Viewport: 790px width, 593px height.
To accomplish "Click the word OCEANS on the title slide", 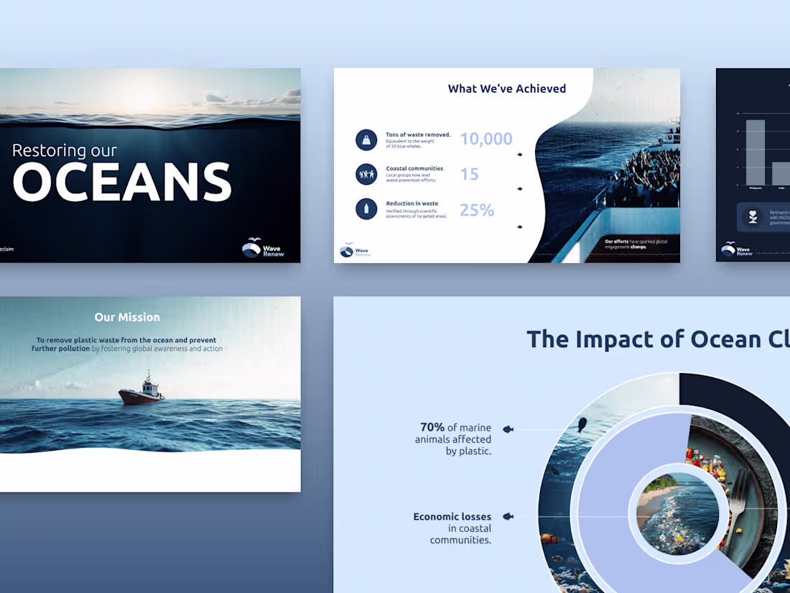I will tap(122, 183).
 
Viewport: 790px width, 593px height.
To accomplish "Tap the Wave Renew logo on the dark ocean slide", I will tap(263, 248).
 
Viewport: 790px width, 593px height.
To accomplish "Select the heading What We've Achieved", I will tap(506, 88).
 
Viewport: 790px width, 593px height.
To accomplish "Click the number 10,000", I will tap(486, 139).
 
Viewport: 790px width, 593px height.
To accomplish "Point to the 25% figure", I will tap(477, 210).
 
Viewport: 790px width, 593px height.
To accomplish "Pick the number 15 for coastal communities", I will tap(469, 174).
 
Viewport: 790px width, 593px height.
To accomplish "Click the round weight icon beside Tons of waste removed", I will tap(366, 139).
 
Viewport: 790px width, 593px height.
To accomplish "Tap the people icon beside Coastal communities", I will tap(366, 174).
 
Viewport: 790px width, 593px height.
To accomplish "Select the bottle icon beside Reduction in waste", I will tap(366, 209).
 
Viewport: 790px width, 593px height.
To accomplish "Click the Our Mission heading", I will tap(127, 317).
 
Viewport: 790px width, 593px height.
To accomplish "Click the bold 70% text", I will tap(432, 428).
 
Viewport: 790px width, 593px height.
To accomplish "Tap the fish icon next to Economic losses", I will tap(508, 516).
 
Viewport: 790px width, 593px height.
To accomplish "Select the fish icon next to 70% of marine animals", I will tap(508, 429).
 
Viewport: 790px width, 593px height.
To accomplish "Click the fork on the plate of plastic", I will tap(738, 507).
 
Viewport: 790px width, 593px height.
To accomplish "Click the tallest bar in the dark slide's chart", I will tap(755, 152).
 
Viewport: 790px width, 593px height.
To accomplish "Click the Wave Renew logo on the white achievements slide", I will tap(354, 250).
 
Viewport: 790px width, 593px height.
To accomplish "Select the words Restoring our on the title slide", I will tap(65, 150).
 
